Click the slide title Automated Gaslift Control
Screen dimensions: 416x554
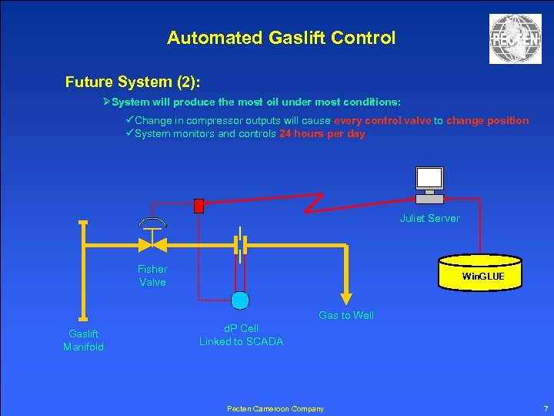tap(281, 37)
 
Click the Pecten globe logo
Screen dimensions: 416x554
tap(515, 39)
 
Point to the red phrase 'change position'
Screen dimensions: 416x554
tap(487, 120)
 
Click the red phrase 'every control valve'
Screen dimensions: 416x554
tap(382, 120)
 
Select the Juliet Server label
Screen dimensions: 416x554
tap(429, 218)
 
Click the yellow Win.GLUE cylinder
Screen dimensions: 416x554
tap(482, 273)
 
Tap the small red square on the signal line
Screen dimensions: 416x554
tap(199, 206)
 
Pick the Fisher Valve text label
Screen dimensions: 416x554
tap(152, 275)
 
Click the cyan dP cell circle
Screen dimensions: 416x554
tap(240, 299)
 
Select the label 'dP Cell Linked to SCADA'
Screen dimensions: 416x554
tap(241, 334)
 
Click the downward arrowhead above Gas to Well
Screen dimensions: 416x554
tap(347, 299)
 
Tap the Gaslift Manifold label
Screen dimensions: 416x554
tap(83, 340)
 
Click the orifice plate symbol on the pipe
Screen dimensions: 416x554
tap(242, 245)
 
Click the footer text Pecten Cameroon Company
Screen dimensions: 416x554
tap(275, 408)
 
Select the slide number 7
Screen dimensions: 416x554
tap(545, 408)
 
